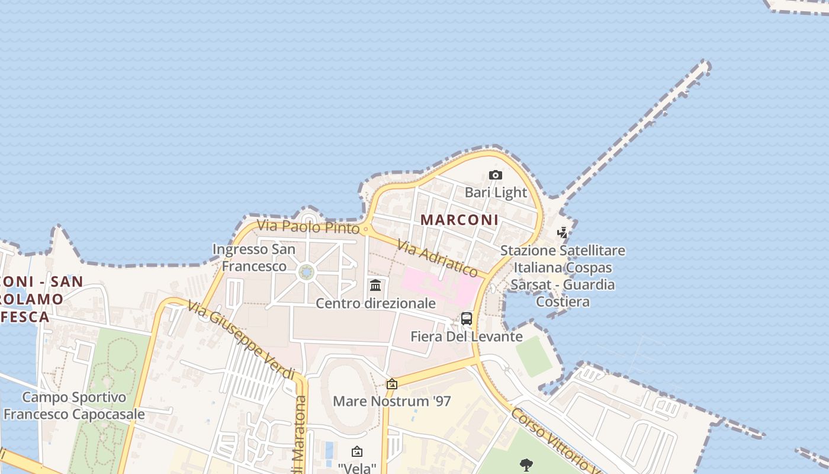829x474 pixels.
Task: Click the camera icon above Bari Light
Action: [496, 175]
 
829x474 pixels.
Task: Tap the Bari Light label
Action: [496, 192]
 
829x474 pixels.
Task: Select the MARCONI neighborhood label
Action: [460, 220]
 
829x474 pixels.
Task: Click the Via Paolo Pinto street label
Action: [309, 226]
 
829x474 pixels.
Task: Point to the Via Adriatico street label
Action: [438, 258]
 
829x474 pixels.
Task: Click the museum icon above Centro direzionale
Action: [375, 286]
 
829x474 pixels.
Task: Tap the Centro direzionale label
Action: [375, 303]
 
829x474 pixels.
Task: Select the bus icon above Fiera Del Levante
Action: [467, 319]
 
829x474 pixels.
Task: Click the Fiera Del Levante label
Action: [467, 337]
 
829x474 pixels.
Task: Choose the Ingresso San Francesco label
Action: [254, 258]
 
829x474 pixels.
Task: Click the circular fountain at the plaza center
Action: [307, 272]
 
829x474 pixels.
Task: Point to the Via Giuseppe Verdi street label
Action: [241, 340]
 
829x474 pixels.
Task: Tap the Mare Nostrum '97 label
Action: [392, 401]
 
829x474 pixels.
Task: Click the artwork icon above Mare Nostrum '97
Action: [391, 384]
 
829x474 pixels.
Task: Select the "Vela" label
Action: [357, 468]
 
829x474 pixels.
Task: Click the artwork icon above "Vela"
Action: [356, 452]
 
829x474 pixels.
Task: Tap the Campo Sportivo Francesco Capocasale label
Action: [74, 405]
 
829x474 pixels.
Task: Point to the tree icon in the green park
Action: [525, 465]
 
